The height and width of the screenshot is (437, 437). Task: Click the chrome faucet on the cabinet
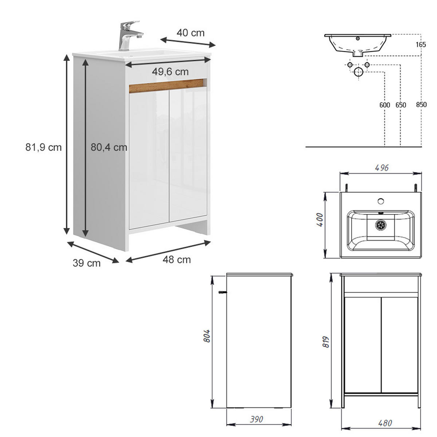point(129,36)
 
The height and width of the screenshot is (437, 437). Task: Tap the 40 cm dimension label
point(190,33)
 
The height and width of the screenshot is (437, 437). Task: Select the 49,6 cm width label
point(170,72)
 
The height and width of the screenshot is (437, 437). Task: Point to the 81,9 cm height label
point(44,147)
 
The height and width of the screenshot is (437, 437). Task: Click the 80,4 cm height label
point(109,147)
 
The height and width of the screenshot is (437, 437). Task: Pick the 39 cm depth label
point(87,263)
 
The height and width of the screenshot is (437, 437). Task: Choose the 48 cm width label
point(177,260)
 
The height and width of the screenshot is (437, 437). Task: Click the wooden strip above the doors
point(168,86)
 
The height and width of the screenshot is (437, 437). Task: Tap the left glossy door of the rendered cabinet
point(149,159)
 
